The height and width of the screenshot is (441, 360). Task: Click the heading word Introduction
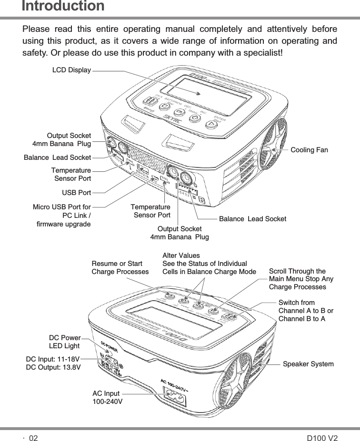pyautogui.click(x=63, y=6)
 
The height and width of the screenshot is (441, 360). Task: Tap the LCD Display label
pyautogui.click(x=71, y=70)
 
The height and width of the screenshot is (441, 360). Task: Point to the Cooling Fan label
pyautogui.click(x=310, y=150)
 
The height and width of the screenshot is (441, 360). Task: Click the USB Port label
pyautogui.click(x=77, y=193)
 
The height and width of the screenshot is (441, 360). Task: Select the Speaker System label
pyautogui.click(x=308, y=364)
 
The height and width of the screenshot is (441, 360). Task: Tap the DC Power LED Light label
pyautogui.click(x=64, y=342)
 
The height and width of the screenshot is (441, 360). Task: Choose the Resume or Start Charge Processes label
pyautogui.click(x=120, y=268)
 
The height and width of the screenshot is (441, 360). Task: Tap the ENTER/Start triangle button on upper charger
pyautogui.click(x=210, y=125)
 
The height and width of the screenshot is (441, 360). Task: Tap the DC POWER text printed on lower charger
pyautogui.click(x=110, y=344)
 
